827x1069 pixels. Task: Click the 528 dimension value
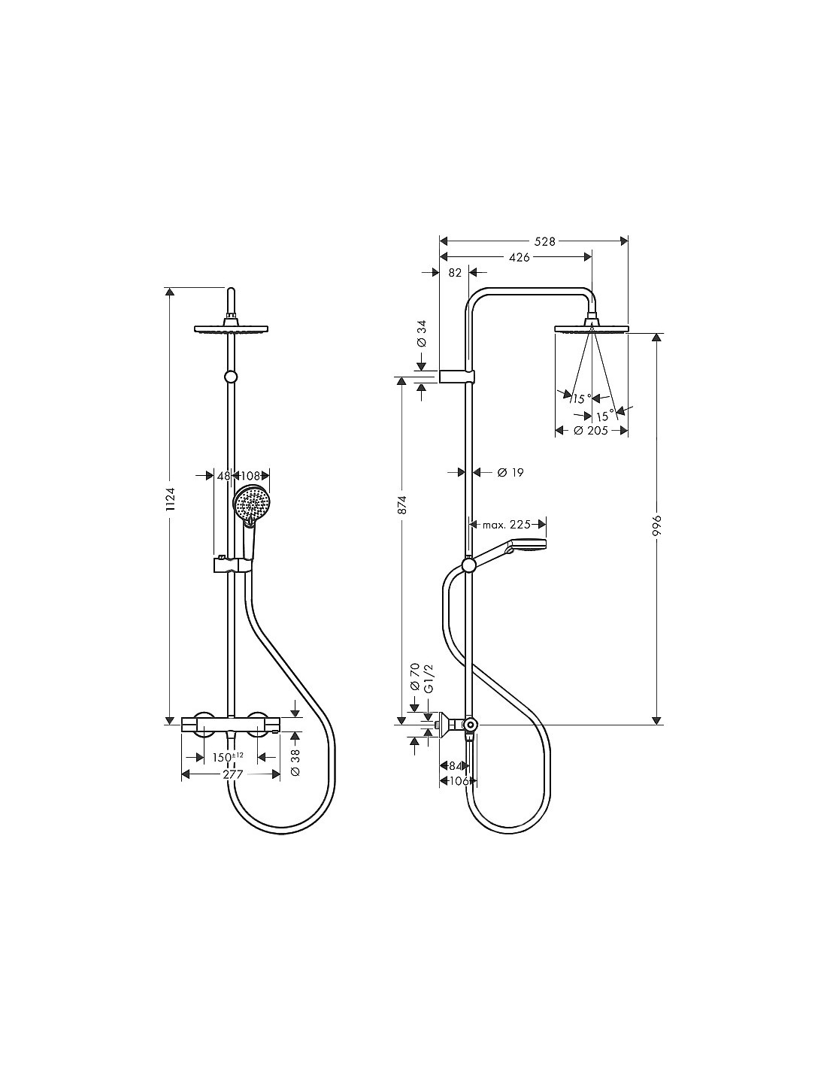click(x=544, y=241)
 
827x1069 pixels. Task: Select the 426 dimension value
click(x=519, y=257)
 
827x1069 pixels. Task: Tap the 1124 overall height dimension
click(x=170, y=501)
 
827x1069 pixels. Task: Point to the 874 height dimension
click(x=402, y=504)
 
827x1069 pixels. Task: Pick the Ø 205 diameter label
click(x=591, y=431)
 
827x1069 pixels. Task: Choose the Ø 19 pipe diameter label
click(x=510, y=473)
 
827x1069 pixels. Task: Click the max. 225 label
click(x=506, y=525)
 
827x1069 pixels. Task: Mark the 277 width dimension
click(x=233, y=774)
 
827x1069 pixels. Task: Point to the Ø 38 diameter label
click(x=295, y=762)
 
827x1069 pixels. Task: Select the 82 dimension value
click(x=456, y=273)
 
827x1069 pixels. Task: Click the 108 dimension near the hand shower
click(x=250, y=476)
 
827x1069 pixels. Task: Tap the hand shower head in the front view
click(x=251, y=504)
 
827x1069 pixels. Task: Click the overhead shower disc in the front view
click(x=232, y=329)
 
